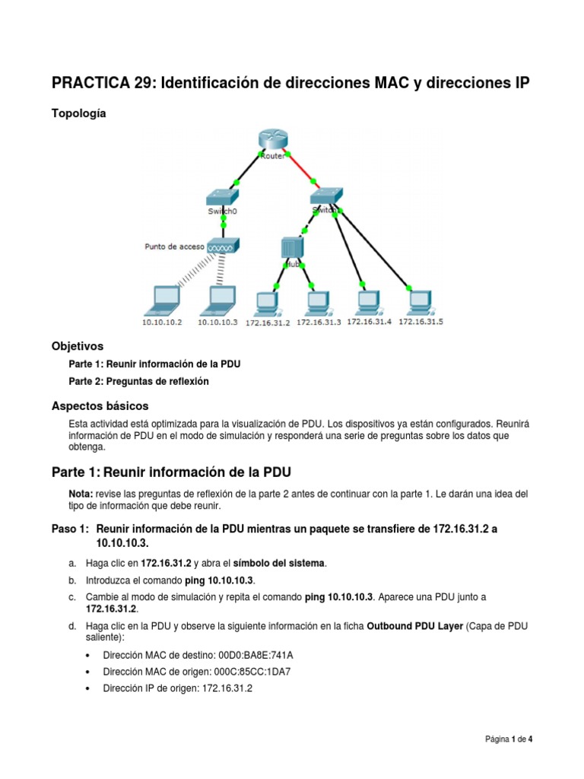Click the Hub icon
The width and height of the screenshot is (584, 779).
(291, 248)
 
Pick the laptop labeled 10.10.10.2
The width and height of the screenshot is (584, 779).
(162, 298)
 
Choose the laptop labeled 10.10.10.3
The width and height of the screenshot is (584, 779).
(220, 298)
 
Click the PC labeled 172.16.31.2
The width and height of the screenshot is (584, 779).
(267, 303)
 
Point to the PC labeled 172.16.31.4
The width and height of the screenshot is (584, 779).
(368, 301)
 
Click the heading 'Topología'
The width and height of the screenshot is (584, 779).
(79, 113)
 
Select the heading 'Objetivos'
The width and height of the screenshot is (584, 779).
(77, 345)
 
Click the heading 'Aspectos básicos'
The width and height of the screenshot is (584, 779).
(100, 405)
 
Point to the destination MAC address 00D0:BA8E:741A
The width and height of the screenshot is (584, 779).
(255, 654)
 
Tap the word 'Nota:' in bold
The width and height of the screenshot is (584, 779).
(81, 494)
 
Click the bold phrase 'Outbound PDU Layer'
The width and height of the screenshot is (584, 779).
(414, 626)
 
